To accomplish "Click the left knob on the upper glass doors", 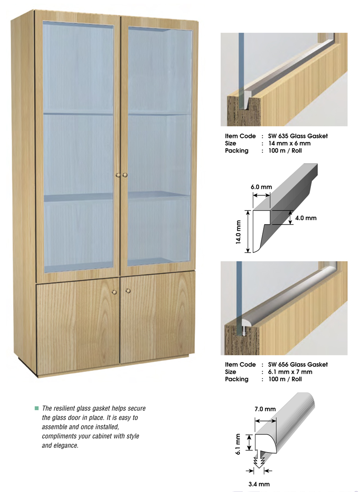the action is pos(118,175).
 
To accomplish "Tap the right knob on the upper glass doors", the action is pos(125,175).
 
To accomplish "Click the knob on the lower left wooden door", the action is pos(114,292).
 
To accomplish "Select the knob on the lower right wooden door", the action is pos(128,291).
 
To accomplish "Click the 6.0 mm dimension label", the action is pos(261,187).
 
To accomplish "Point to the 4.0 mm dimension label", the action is pos(306,218).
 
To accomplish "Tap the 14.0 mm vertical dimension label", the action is pos(238,232).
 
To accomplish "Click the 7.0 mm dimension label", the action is pos(265,409).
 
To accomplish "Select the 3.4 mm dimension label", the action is pos(259,484).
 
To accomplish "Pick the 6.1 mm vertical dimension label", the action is pos(238,444).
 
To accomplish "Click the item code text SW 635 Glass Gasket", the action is pos(298,136).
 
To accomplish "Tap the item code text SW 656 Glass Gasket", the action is pos(298,364).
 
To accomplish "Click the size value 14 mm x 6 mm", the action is pos(289,143).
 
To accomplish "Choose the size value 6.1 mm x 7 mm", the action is pos(290,372).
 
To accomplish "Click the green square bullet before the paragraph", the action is pos(37,408).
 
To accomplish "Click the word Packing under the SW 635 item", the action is pos(237,151).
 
